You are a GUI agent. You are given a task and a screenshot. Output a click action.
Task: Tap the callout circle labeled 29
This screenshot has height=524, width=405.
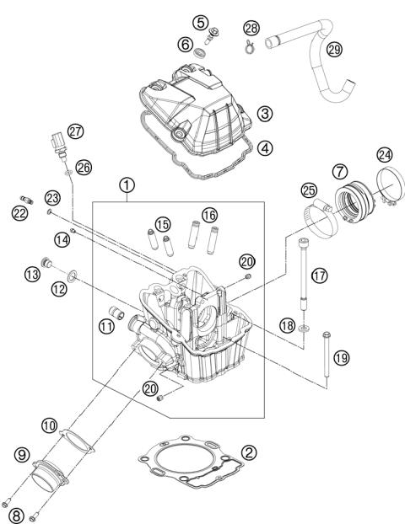pos(334,51)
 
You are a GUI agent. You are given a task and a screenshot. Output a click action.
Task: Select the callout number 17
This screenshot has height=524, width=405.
pos(318,275)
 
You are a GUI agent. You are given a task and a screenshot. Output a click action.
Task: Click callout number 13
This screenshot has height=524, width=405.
pos(32,274)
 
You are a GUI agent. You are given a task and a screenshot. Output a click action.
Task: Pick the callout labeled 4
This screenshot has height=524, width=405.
pos(265,147)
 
